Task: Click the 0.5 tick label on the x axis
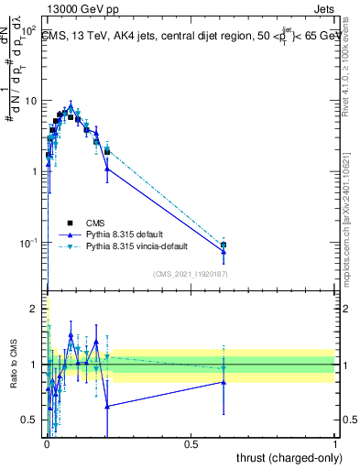[191, 444]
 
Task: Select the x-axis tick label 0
[47, 444]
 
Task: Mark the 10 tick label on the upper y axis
[31, 100]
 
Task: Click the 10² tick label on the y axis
[29, 30]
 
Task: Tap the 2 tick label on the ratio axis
[37, 309]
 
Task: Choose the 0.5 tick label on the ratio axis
[32, 420]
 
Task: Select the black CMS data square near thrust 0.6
[223, 245]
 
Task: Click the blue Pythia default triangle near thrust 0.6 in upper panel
[223, 251]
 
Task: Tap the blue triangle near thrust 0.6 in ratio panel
[223, 382]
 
